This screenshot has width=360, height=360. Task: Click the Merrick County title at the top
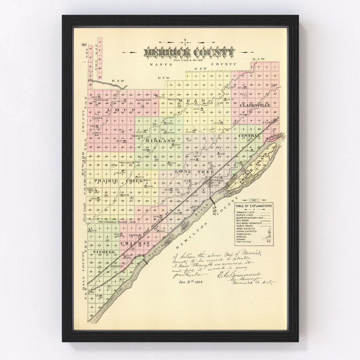point(189,52)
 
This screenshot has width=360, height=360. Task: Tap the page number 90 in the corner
point(83,45)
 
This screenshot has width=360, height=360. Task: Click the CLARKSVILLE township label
point(255,105)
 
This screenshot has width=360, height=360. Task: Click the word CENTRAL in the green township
point(249,135)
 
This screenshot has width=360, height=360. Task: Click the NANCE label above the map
point(161,64)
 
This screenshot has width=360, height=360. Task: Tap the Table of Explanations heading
point(254,206)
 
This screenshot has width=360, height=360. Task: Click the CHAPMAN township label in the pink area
point(135,243)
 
